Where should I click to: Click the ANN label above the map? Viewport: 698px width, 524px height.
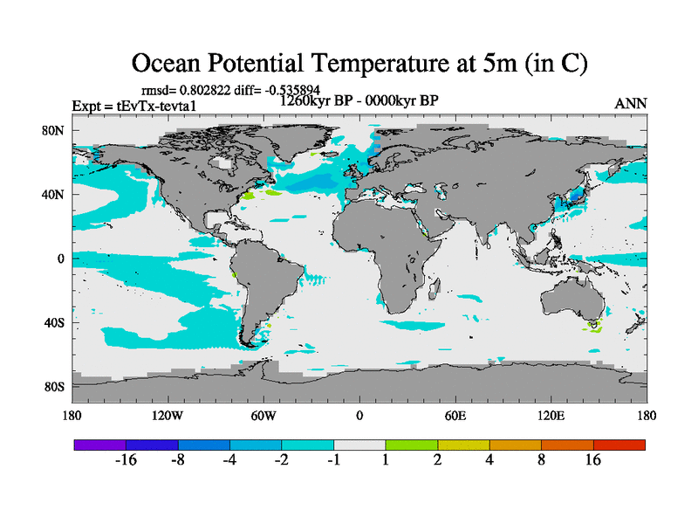tap(631, 103)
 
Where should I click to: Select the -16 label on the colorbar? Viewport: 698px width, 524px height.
tap(126, 461)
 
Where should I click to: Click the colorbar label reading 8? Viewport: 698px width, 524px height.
tap(542, 461)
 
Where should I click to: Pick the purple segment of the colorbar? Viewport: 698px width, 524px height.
tap(99, 445)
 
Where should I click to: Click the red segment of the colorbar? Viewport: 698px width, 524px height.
tap(619, 445)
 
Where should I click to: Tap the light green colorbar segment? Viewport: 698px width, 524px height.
tap(412, 445)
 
